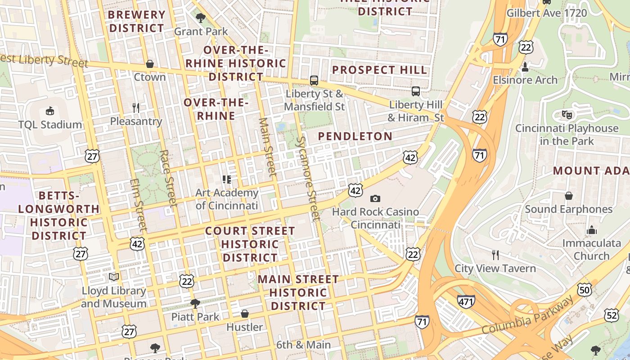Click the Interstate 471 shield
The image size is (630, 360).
pos(466,301)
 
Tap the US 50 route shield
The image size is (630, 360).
pos(585,290)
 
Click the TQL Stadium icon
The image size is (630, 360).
pos(50,111)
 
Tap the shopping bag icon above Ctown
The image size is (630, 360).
pos(150,64)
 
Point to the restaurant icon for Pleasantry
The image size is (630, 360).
pos(136,108)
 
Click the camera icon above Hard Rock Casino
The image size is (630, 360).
pos(375,198)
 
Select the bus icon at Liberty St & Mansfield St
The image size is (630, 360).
pos(314,81)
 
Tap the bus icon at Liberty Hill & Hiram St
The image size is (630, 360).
pos(416,91)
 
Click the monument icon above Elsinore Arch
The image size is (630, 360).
pos(525,67)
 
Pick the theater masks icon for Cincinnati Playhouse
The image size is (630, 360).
pos(567,115)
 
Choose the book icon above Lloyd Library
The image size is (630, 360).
pos(114,277)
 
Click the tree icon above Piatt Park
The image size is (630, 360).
pos(195,303)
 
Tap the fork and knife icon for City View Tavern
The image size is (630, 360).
pos(495,255)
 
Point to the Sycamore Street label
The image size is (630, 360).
pos(307,179)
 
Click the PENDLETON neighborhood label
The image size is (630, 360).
pos(355,136)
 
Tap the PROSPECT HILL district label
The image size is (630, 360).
pos(380,70)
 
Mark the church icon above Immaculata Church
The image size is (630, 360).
pos(591,230)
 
